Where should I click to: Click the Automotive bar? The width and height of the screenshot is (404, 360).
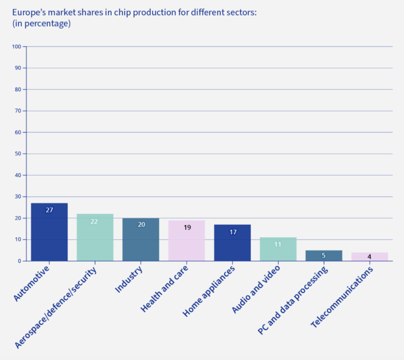point(49,232)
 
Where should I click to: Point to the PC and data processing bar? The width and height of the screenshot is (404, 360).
point(324,256)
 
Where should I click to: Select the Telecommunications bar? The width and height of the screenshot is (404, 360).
point(369,257)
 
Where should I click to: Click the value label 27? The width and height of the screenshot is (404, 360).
point(49,210)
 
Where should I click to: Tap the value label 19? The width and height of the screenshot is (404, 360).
point(187,228)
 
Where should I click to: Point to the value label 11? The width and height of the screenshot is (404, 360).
point(278,244)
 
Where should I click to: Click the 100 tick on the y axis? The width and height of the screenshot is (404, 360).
point(16,47)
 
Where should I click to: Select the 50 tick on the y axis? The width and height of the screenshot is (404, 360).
point(18,154)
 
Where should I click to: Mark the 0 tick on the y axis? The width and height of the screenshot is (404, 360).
point(19,261)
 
